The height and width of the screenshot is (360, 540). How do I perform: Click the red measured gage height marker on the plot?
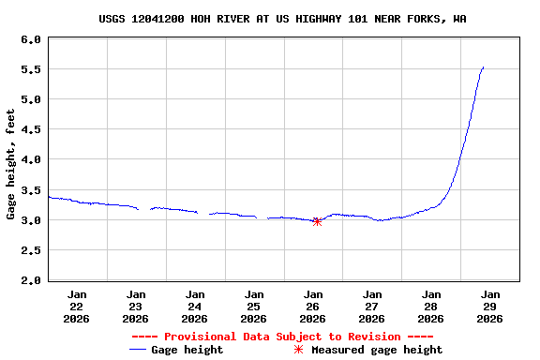[317, 221]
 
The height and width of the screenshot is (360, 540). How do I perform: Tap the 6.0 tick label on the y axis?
[30, 40]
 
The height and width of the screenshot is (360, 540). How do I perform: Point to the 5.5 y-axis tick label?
[30, 70]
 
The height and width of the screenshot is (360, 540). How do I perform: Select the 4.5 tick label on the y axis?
[30, 130]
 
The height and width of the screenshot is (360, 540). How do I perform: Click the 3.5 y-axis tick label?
[30, 190]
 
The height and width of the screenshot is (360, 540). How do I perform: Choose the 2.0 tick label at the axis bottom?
[30, 280]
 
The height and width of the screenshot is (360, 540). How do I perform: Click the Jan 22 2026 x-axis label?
[77, 306]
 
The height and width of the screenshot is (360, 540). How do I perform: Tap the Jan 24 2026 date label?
[195, 306]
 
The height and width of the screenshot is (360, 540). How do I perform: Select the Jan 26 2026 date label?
[313, 306]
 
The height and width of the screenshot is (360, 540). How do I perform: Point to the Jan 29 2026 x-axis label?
[490, 306]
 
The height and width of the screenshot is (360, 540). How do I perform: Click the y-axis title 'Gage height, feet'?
[11, 164]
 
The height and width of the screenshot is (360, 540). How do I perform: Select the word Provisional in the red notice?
[202, 337]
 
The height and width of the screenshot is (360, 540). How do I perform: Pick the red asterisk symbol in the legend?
[298, 350]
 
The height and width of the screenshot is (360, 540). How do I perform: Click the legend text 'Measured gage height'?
[377, 350]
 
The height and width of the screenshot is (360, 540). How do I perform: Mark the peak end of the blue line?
[483, 67]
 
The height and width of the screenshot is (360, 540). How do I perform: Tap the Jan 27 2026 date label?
[372, 306]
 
